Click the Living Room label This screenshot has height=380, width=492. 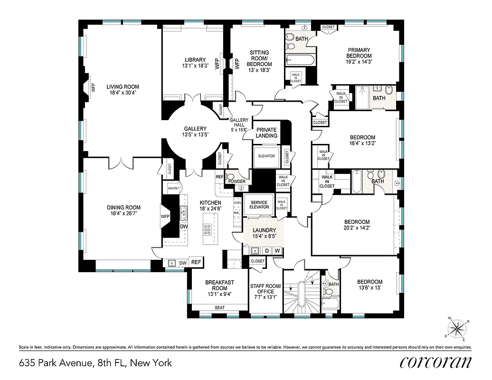(123, 87)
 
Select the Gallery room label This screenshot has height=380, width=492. (195, 129)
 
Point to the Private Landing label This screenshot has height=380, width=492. (266, 133)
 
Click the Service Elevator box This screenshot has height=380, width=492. (259, 205)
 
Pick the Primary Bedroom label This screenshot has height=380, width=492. (359, 53)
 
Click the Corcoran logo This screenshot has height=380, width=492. (435, 362)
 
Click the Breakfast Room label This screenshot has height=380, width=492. (219, 285)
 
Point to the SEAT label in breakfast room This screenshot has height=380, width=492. (219, 308)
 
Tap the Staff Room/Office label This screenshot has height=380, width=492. (266, 289)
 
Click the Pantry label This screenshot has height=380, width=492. (172, 189)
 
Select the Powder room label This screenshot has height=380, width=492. (237, 181)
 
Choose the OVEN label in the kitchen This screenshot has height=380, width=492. (237, 203)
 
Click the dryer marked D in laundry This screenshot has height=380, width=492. (266, 250)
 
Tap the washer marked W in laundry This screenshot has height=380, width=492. (277, 250)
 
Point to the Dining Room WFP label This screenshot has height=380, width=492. (165, 217)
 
